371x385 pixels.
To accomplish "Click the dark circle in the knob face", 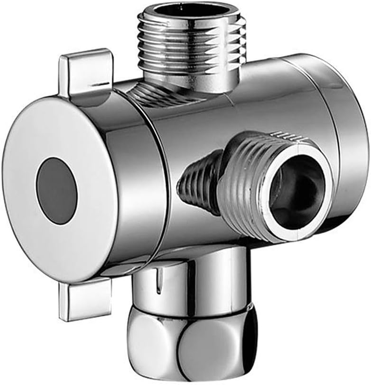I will click(x=57, y=191).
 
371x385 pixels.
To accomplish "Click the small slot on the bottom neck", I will click(x=159, y=281).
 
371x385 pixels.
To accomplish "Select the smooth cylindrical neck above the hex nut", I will click(x=195, y=283).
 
